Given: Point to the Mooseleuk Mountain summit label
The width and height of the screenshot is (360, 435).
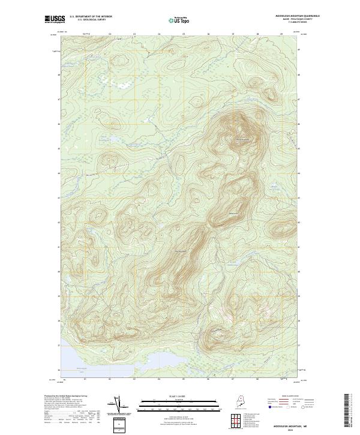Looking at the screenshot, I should click(x=242, y=140).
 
